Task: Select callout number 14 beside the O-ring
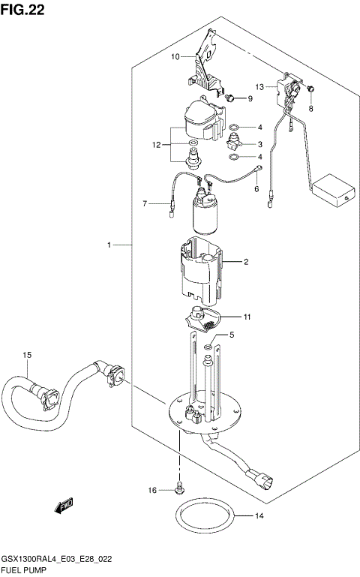coord(260,515)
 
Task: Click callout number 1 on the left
coord(109,245)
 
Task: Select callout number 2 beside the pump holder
coord(244,262)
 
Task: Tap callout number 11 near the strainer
coord(247,317)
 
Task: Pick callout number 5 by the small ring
coord(232,335)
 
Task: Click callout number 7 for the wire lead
coord(147,203)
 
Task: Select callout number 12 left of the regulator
coord(157,145)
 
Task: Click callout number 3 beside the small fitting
coord(259,144)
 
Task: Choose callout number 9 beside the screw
coord(250,99)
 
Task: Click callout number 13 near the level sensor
coord(259,86)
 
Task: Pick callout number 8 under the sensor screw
coord(312,108)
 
